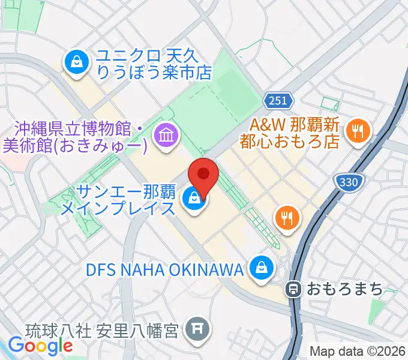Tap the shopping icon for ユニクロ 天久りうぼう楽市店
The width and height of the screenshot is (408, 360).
77,62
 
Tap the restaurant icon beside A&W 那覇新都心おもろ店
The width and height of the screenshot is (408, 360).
358,131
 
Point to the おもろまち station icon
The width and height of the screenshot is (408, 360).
293,289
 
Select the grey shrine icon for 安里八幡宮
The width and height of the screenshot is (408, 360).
196,329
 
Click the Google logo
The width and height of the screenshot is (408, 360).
40,346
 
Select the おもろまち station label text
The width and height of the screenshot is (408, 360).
344,289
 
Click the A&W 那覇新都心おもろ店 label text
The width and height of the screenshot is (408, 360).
295,133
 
